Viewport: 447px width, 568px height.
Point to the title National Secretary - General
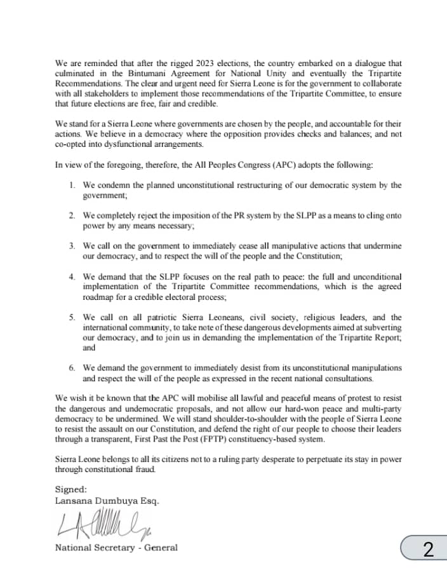pos(116,548)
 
